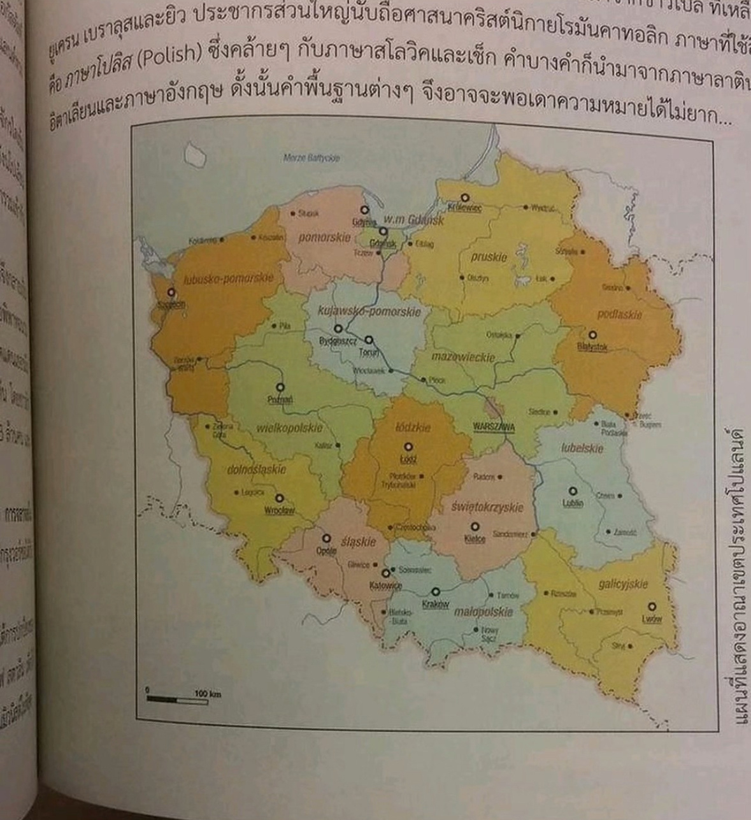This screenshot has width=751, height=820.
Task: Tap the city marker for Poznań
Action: (280, 387)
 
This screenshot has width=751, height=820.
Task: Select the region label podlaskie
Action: (620, 314)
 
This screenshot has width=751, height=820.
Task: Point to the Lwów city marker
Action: (652, 607)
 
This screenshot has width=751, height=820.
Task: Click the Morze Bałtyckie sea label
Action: (311, 157)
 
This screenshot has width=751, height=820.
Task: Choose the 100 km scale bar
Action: (177, 700)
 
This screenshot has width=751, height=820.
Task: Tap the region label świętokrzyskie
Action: (487, 507)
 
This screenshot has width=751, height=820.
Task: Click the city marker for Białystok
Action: (592, 334)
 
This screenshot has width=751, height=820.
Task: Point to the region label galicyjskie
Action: (623, 584)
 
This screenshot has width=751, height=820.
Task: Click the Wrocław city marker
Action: (279, 498)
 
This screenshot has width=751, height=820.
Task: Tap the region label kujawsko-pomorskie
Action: (369, 312)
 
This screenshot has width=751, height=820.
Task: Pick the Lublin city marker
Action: (573, 491)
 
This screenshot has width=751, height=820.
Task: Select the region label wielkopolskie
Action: (289, 428)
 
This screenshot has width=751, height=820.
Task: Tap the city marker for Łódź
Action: (408, 447)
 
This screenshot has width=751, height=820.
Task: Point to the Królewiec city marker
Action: (464, 198)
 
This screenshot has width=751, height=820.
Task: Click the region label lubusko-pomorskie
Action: (228, 278)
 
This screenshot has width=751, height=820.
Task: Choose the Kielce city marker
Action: (475, 527)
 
